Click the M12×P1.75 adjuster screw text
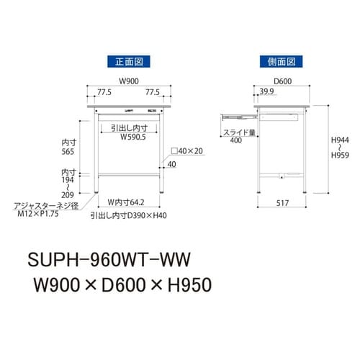tap(46, 214)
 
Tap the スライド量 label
tap(238, 132)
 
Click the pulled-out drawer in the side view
tap(238, 113)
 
